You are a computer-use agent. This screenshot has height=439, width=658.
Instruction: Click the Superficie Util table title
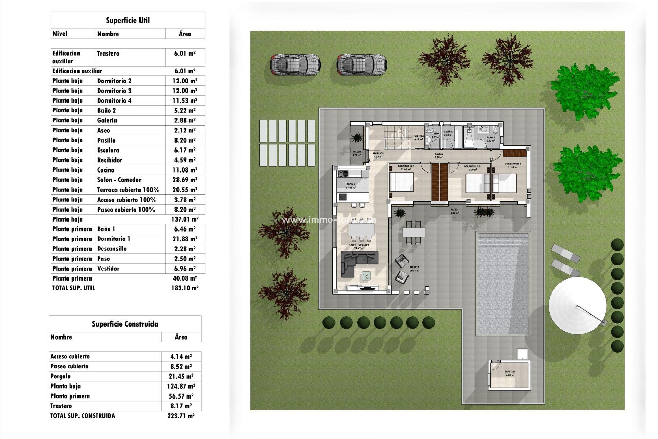click(x=128, y=20)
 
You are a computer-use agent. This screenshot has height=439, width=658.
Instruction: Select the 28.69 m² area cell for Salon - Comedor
click(x=185, y=180)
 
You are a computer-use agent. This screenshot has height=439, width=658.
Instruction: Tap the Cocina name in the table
click(x=106, y=170)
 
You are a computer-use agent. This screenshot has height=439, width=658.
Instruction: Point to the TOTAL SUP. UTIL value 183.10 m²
click(x=185, y=288)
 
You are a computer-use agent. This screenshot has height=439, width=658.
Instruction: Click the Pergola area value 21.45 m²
click(x=181, y=376)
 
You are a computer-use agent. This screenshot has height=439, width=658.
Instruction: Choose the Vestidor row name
click(x=108, y=269)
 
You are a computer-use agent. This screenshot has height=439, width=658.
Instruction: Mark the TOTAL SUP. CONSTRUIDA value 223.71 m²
click(x=181, y=416)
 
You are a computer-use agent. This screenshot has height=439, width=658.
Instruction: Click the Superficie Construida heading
click(x=125, y=324)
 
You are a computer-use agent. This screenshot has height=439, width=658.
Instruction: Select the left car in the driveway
click(x=295, y=64)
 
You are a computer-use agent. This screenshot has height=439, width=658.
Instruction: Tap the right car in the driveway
click(x=362, y=64)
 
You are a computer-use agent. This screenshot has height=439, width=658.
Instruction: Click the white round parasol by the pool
click(x=577, y=305)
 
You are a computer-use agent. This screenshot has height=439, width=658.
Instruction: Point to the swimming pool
click(x=503, y=283)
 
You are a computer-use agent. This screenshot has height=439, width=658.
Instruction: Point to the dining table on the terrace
click(x=414, y=232)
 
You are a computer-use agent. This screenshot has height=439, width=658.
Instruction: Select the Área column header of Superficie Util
click(x=185, y=34)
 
